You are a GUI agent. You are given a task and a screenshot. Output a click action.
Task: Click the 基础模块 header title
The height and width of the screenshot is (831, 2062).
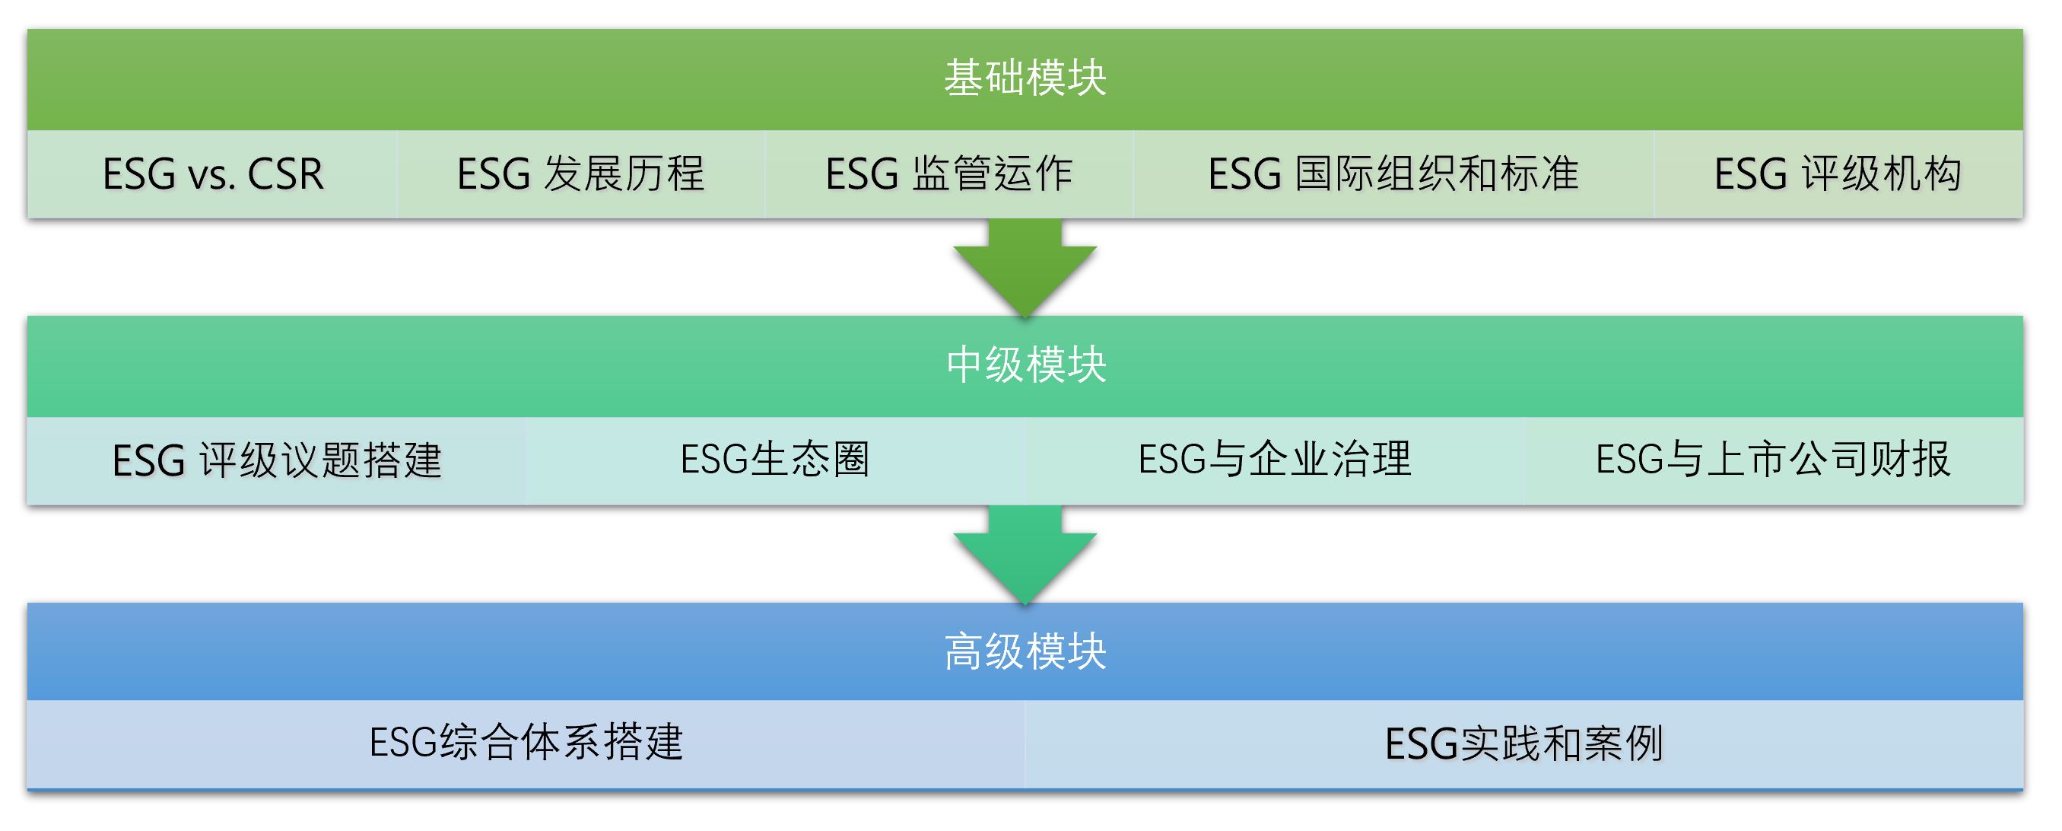point(1025,78)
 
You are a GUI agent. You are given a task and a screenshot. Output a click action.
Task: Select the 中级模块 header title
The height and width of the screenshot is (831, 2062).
point(1025,365)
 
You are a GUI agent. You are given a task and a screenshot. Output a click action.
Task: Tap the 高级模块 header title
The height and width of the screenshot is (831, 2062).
point(1025,651)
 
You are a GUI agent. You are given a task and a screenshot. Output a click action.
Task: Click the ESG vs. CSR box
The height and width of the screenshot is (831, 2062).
point(212,174)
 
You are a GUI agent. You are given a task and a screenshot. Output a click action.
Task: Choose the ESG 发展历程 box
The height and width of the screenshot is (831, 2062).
point(580,174)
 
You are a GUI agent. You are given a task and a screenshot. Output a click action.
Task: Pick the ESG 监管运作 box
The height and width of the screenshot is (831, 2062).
point(948,174)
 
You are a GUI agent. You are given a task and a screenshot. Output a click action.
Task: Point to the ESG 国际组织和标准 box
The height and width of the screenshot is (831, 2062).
point(1393,174)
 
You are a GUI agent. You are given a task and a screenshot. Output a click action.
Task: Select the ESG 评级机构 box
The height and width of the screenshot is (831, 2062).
point(1838,174)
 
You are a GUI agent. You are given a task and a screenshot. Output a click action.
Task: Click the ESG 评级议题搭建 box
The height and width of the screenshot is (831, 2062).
point(277,460)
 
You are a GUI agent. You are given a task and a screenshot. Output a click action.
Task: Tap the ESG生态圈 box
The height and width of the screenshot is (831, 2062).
point(776,460)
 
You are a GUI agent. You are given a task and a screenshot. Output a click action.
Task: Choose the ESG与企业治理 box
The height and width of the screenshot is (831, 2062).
point(1275,460)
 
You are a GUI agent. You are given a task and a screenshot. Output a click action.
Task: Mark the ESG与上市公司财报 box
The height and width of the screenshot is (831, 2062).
point(1774,460)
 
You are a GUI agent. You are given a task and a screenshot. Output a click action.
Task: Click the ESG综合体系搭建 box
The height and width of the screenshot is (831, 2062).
point(526,744)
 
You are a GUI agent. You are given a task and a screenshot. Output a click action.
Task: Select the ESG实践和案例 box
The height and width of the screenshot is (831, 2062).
point(1524,744)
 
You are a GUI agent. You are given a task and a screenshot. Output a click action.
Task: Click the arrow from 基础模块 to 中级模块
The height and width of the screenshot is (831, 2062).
point(1025,268)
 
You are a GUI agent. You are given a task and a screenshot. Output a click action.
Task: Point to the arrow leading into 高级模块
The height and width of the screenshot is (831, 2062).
point(1025,555)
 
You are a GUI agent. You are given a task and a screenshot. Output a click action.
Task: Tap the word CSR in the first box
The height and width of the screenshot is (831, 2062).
point(286,174)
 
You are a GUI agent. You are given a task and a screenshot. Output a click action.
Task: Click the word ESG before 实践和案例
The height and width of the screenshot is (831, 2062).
point(1421,744)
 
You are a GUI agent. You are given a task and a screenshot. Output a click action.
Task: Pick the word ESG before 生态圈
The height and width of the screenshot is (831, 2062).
point(714,460)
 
